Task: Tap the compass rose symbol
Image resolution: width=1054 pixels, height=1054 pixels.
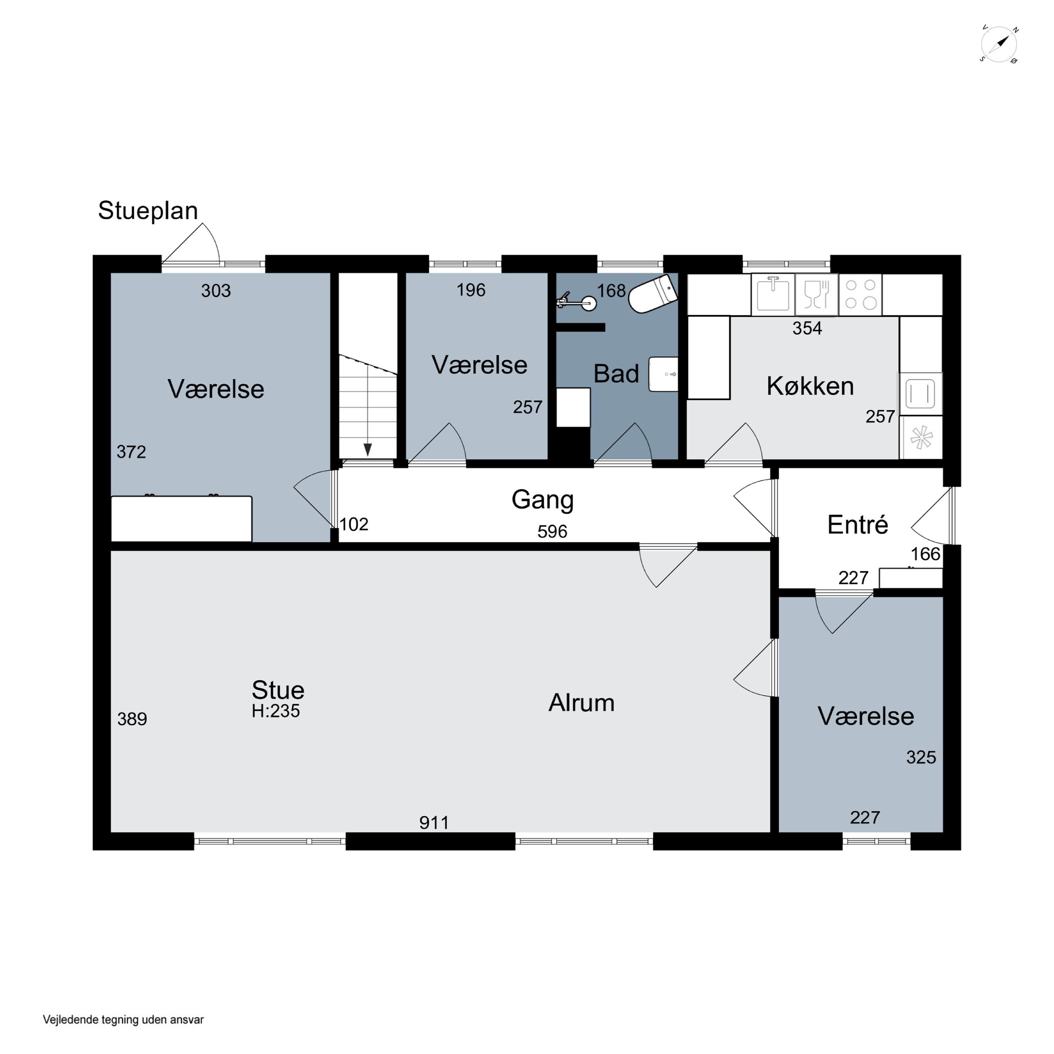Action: [999, 45]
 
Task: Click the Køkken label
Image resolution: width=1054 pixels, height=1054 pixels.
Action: [810, 386]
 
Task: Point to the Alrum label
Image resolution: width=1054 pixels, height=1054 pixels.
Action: [581, 703]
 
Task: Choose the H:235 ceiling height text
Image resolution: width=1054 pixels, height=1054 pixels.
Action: [275, 711]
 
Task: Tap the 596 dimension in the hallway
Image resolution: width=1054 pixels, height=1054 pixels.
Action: [552, 531]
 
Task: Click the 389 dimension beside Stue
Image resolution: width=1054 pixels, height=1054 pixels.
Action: [132, 719]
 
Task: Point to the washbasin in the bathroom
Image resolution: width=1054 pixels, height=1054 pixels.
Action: [663, 374]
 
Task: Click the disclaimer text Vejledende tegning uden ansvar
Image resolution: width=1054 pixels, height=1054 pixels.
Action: [123, 1019]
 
